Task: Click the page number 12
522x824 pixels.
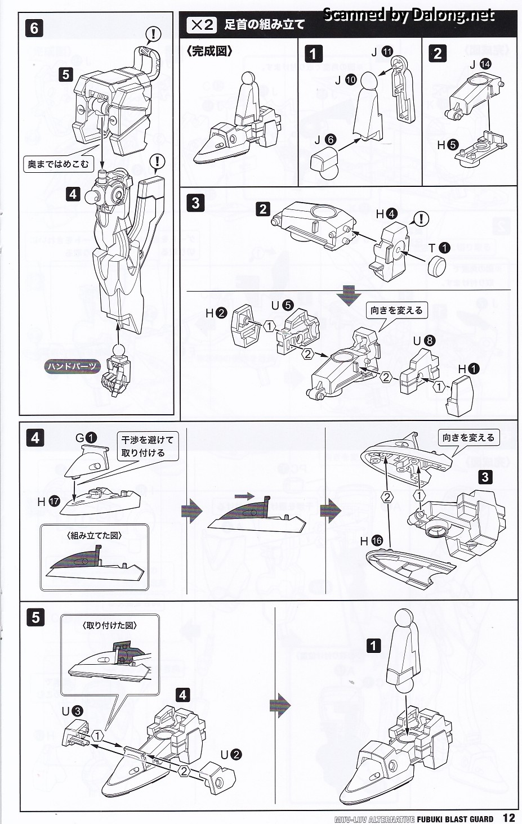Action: (508, 817)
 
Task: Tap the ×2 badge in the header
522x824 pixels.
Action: (202, 24)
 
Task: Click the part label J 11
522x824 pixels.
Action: (381, 52)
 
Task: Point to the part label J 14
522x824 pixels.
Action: (480, 64)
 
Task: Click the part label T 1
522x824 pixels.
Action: (439, 248)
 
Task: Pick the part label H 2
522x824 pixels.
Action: (216, 313)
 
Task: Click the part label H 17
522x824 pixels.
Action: (48, 500)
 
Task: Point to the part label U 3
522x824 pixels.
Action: (72, 711)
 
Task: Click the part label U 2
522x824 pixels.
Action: (231, 755)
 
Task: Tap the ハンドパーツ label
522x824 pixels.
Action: (72, 366)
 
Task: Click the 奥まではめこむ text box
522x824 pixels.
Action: (59, 164)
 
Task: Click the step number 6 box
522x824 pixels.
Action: (34, 28)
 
